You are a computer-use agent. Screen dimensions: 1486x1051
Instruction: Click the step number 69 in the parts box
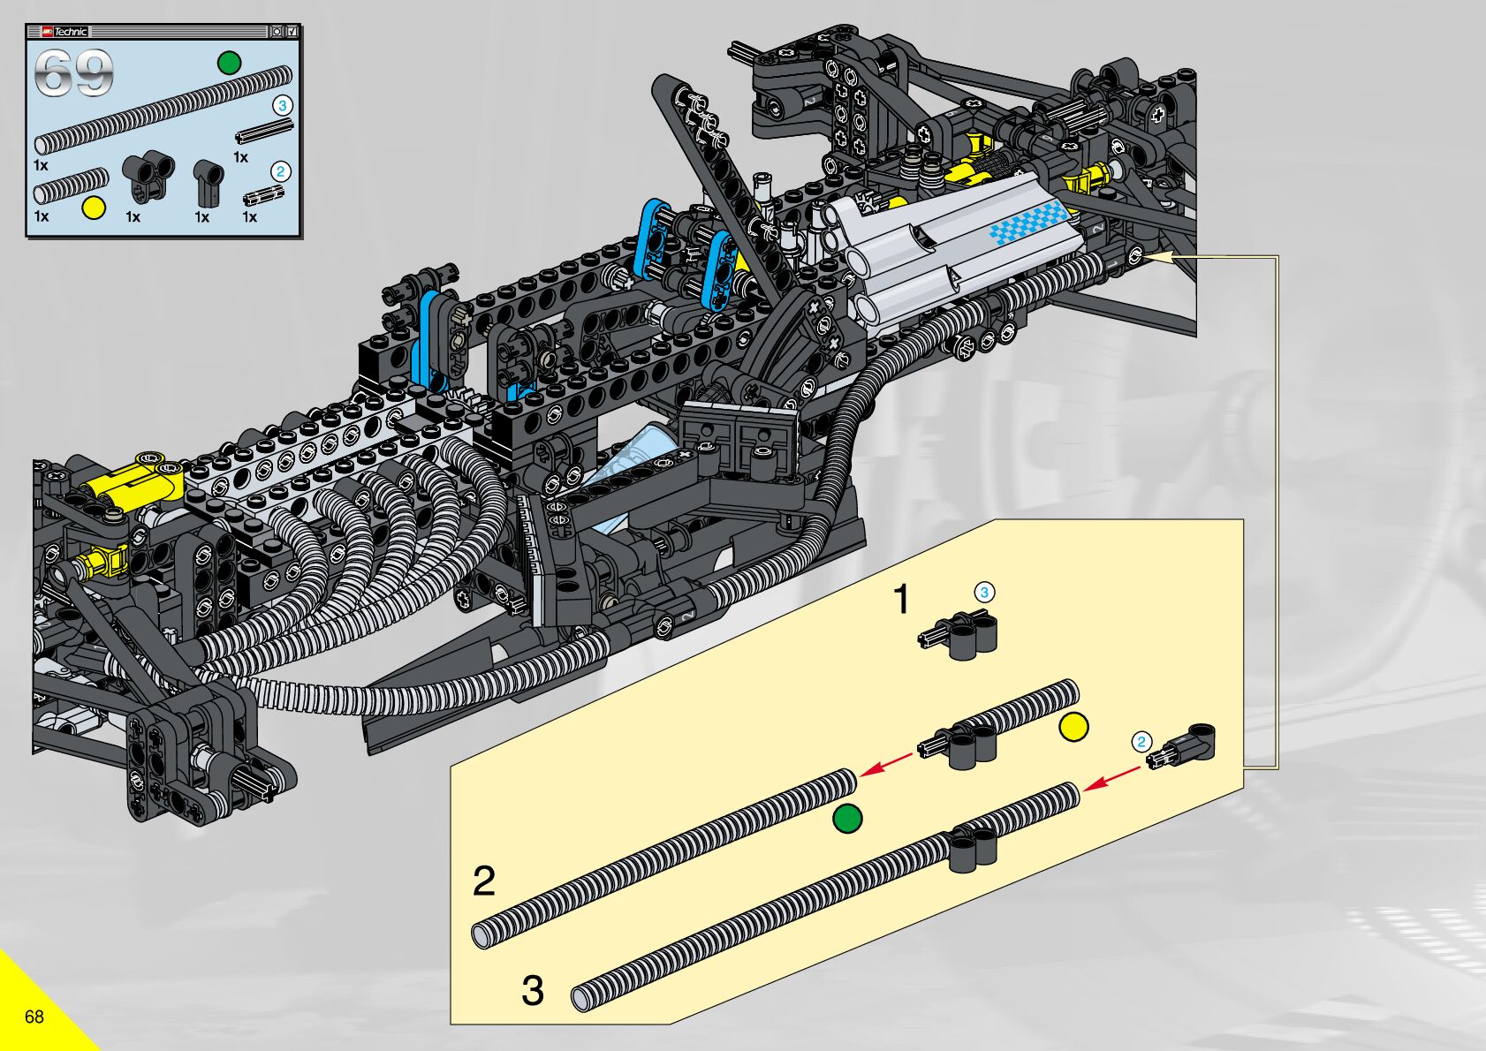pos(73,73)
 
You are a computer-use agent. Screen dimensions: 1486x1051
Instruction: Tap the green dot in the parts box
pos(229,63)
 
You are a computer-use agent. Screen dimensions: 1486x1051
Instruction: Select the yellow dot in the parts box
pos(94,208)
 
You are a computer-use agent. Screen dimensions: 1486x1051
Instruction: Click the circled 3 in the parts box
pos(282,105)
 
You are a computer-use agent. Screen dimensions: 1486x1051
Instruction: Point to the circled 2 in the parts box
pos(280,171)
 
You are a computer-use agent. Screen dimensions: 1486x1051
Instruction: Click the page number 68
pos(34,1017)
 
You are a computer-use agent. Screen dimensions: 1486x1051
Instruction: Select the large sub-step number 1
pos(901,599)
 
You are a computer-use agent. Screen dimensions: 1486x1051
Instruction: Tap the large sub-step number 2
pos(484,881)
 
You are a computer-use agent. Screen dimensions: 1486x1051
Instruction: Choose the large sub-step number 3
pos(533,991)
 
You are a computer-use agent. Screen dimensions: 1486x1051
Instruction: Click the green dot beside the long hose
pos(847,819)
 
